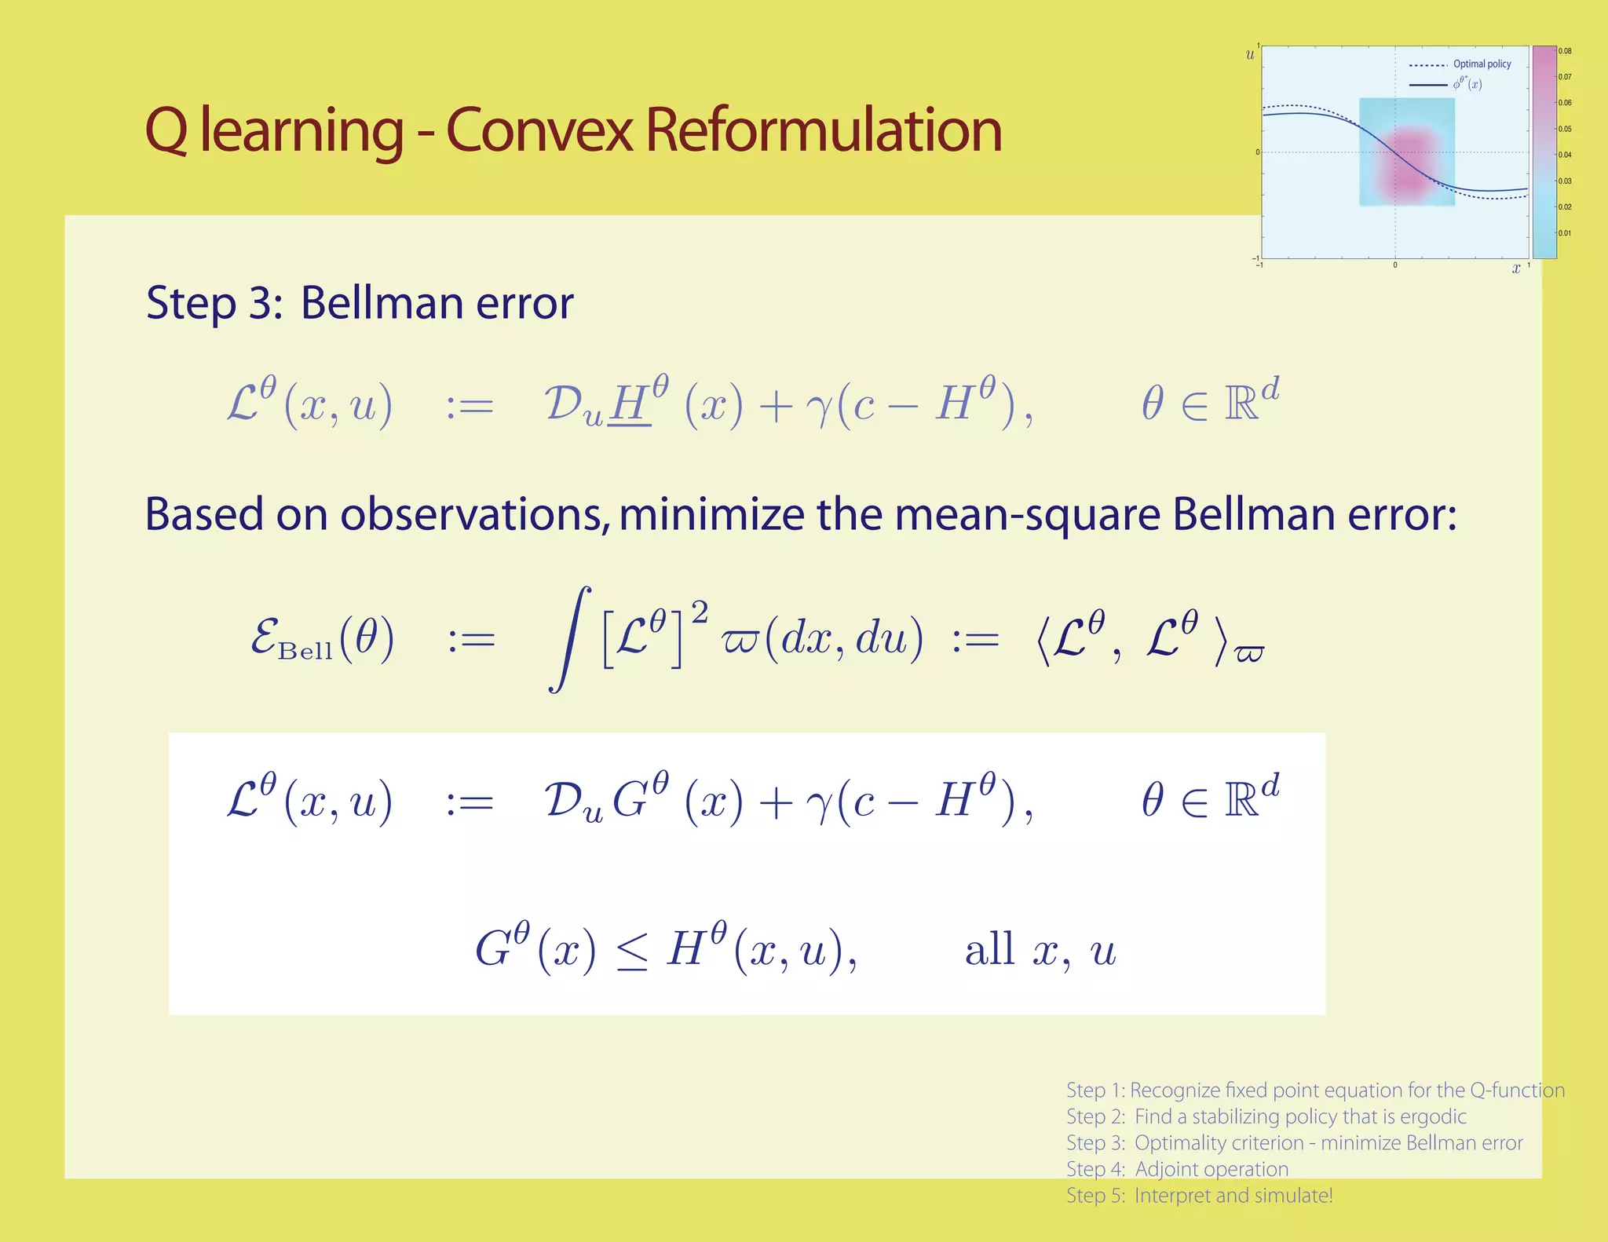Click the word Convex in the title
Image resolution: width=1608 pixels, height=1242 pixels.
point(539,130)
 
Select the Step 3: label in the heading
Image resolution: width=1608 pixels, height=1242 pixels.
point(214,303)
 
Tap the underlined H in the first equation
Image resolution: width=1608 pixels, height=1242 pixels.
point(628,404)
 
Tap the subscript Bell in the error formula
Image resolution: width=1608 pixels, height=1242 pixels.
point(305,652)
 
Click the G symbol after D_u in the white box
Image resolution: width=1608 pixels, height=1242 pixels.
point(630,802)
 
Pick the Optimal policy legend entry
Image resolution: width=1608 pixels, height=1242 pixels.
point(1481,64)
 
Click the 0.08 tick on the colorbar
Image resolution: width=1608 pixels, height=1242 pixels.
point(1565,51)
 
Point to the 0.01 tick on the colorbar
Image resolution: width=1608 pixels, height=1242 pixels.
point(1565,233)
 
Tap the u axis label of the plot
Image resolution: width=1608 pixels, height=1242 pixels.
point(1250,55)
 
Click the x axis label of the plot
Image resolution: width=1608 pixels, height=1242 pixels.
point(1516,268)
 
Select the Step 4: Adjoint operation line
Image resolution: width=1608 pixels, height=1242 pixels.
point(1177,1169)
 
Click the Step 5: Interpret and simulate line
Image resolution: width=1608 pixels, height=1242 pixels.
point(1199,1196)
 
